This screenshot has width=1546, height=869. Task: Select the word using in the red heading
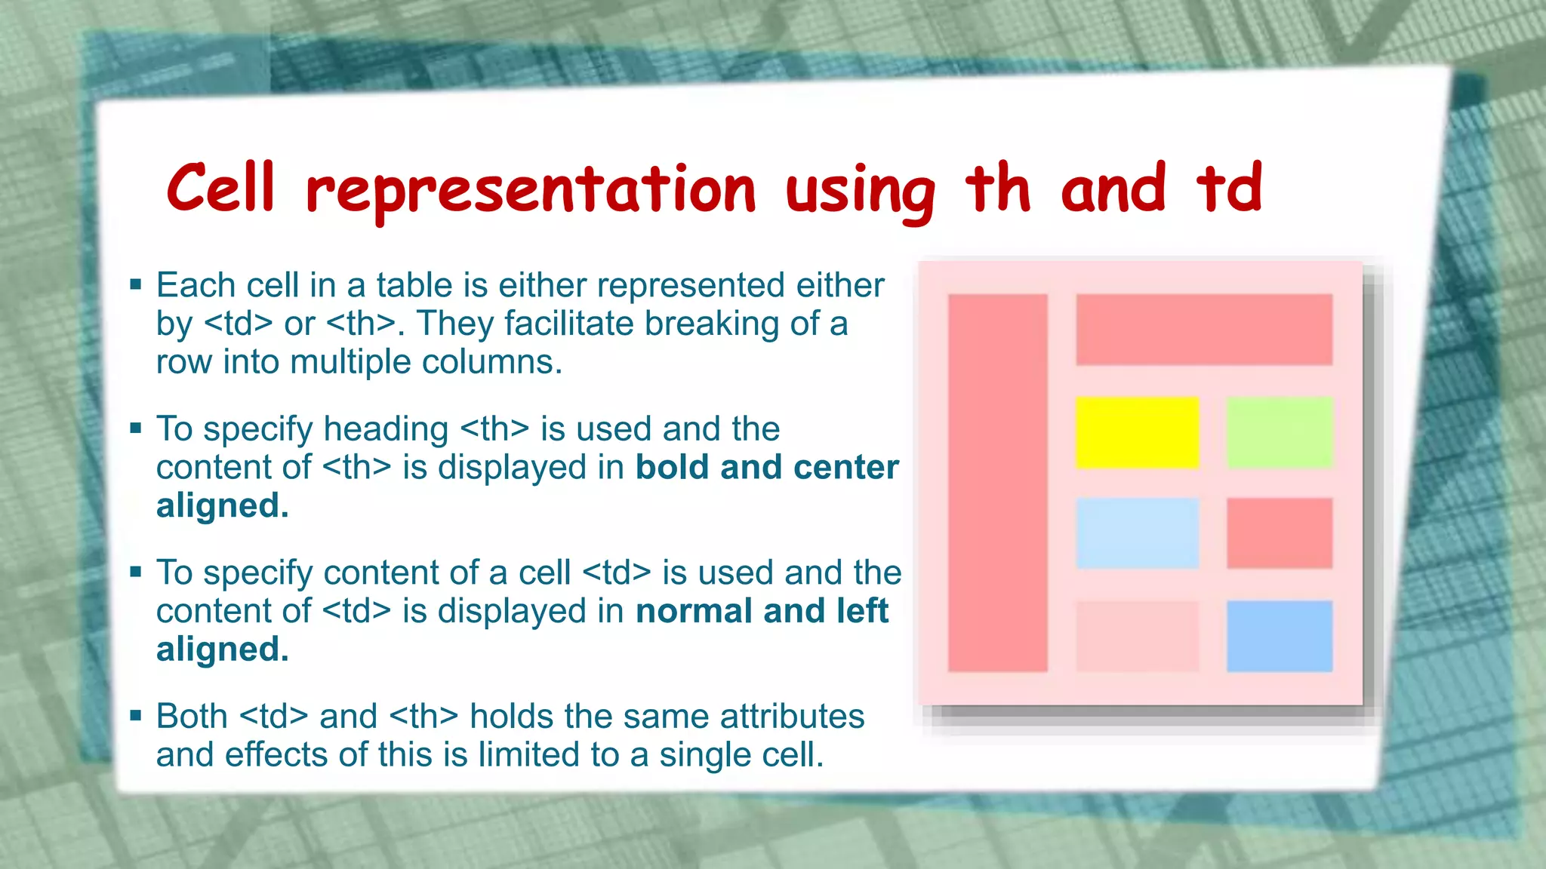click(x=859, y=192)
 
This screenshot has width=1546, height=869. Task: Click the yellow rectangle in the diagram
click(x=1137, y=432)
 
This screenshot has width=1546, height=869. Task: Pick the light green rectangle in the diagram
click(x=1279, y=432)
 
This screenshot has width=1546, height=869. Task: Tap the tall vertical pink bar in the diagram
click(x=997, y=483)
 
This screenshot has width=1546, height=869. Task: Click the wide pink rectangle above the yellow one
click(x=1203, y=330)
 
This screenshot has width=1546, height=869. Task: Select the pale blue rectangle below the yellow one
click(x=1137, y=533)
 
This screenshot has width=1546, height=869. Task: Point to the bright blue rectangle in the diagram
click(x=1279, y=636)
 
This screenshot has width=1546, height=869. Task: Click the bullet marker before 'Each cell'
click(x=136, y=285)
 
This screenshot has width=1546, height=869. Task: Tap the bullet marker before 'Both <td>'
click(x=136, y=716)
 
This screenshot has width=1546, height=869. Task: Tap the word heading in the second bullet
click(x=386, y=429)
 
